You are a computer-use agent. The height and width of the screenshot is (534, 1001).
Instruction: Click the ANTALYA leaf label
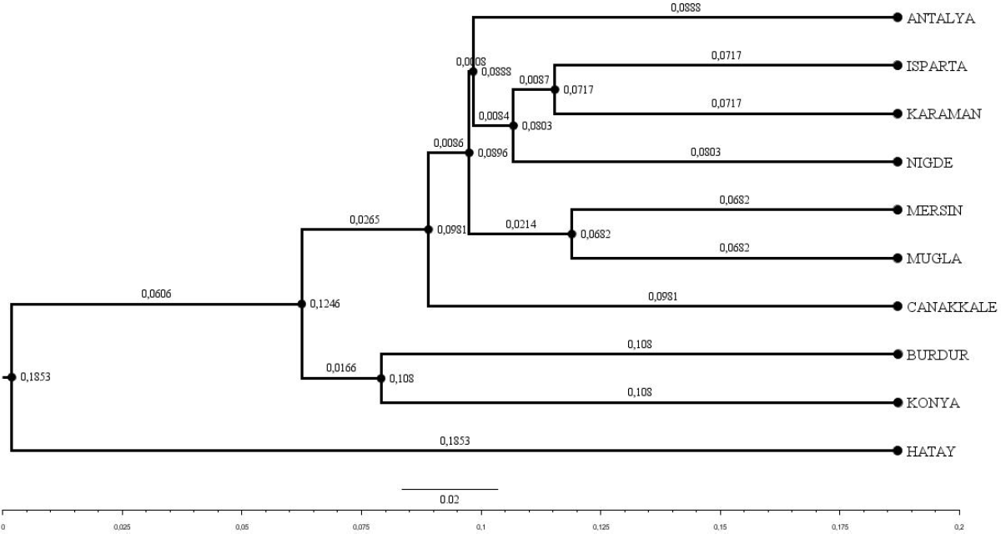click(940, 18)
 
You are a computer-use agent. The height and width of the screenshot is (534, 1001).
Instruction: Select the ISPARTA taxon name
click(936, 66)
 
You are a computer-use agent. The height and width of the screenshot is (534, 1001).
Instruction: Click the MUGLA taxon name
click(930, 259)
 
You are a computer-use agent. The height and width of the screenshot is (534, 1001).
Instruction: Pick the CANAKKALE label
click(951, 306)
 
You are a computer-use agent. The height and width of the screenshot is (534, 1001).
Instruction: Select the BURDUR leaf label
click(937, 355)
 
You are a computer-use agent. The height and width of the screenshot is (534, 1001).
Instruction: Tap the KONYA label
click(931, 403)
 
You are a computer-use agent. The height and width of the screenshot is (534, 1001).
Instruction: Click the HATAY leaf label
click(930, 451)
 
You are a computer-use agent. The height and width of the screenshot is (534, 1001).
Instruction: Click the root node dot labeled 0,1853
click(11, 378)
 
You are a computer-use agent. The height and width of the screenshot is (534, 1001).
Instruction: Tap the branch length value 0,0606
click(156, 295)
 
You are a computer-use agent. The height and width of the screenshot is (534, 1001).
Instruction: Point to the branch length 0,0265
click(365, 219)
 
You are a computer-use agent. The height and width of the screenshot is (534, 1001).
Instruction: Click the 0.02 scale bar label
click(449, 499)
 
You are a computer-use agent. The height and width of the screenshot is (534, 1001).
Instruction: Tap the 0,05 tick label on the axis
click(242, 528)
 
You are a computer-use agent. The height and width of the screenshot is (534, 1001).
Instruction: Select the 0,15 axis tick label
click(720, 528)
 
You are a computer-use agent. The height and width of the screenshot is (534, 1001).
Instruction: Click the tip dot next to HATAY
click(897, 451)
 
